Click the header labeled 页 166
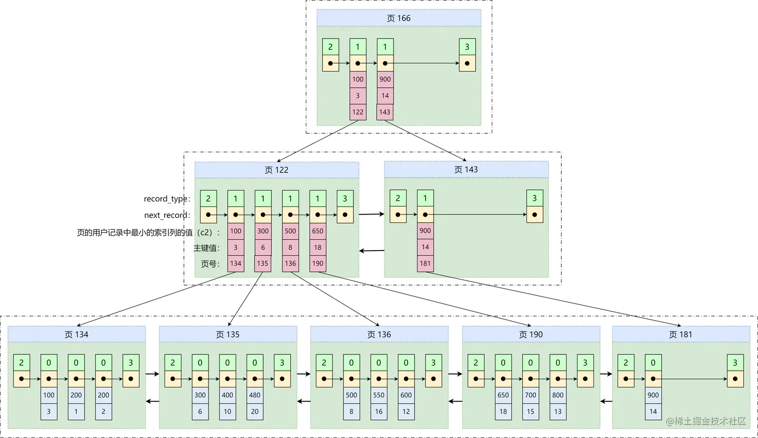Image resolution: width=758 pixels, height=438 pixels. [x=399, y=18]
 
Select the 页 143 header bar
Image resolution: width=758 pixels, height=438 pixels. [x=466, y=169]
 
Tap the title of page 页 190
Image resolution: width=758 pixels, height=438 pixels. [x=530, y=334]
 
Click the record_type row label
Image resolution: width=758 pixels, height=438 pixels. [x=167, y=198]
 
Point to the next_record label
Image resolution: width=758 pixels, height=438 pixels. [x=167, y=215]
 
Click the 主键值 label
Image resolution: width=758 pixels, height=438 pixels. [x=207, y=248]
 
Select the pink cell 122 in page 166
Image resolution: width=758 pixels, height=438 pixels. [x=357, y=112]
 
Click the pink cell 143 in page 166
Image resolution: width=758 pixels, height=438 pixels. [x=385, y=112]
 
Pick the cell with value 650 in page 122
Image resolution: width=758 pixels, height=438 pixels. [x=317, y=231]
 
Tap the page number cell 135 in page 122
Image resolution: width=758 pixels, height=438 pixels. [x=263, y=263]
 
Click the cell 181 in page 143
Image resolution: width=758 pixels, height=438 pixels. [x=425, y=263]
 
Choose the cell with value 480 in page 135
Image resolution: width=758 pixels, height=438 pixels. [x=255, y=395]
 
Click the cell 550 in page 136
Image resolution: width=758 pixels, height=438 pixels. [x=378, y=395]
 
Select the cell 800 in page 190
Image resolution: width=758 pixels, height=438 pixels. [x=557, y=395]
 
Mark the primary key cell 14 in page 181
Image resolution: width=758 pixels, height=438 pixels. [x=653, y=411]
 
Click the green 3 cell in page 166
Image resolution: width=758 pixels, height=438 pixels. [x=467, y=47]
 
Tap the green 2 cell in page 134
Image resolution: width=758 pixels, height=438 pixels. [x=22, y=362]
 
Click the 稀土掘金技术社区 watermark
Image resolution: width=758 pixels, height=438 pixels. [x=706, y=421]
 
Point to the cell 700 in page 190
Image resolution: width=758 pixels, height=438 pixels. [x=530, y=395]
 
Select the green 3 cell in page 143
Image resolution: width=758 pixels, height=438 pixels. [x=534, y=198]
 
